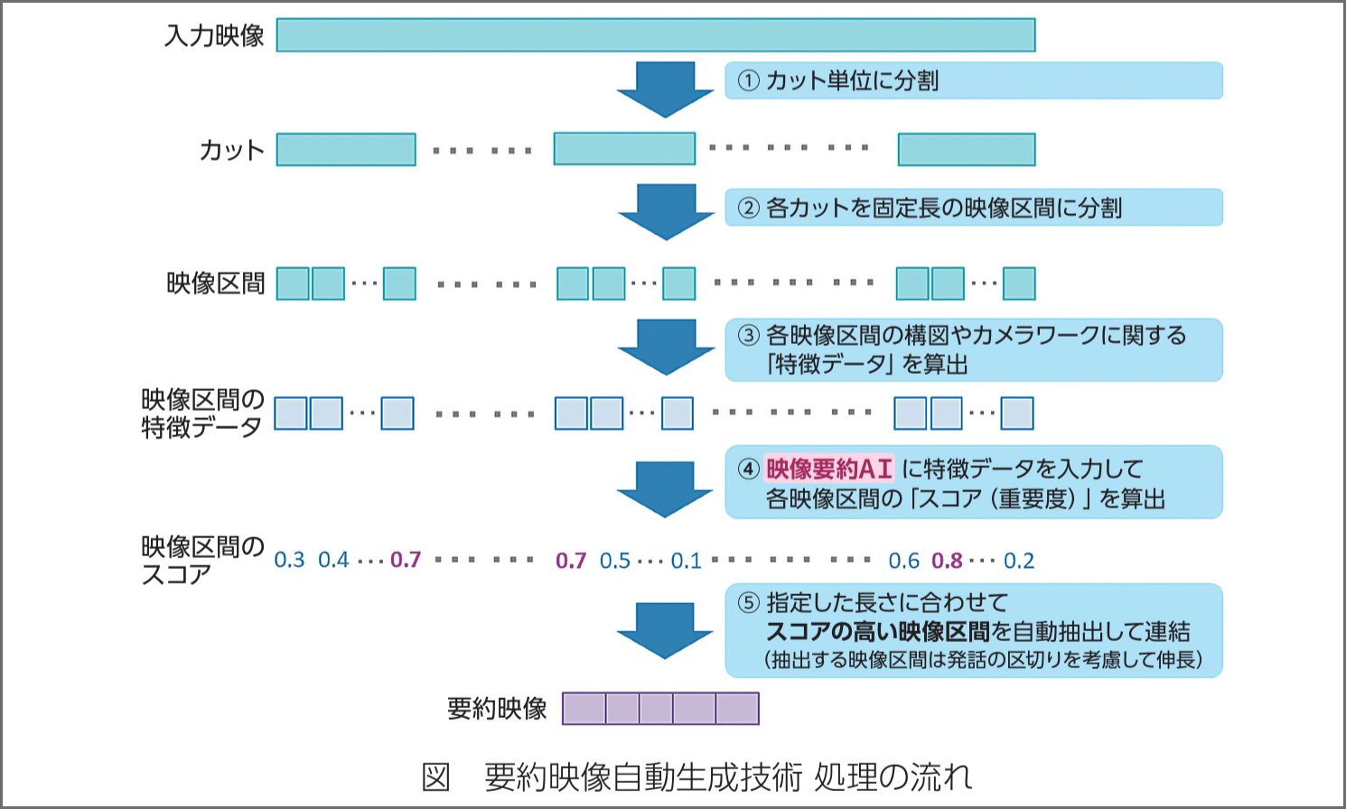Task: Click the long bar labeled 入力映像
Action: pos(655,35)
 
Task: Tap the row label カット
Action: pos(231,150)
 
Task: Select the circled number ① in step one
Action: pos(748,81)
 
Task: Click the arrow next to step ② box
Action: pos(666,211)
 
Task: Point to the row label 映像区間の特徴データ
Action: pos(202,414)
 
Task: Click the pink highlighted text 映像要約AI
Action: pos(829,469)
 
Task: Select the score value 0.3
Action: pos(289,561)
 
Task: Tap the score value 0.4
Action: pos(333,561)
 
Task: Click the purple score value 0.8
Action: pos(947,561)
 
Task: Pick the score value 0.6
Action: pos(903,561)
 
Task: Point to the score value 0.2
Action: pos(1019,561)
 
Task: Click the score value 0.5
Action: pos(615,561)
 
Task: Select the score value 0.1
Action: pos(686,561)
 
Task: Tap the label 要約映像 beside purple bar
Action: pos(497,709)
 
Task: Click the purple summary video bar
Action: pos(660,709)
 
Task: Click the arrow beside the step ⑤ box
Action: pos(665,629)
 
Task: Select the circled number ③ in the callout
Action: pos(748,336)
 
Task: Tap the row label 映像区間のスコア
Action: pos(202,560)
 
